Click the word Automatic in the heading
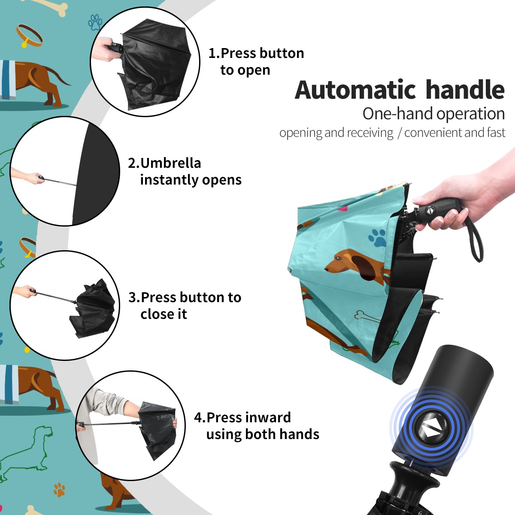coord(355,90)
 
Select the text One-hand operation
coord(433,114)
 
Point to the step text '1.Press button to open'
coord(256,61)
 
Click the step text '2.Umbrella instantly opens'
coord(185,171)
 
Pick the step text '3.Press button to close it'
coord(185,305)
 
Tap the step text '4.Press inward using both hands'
coord(256,425)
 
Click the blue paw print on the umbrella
coord(377,238)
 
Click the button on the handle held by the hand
coord(429,211)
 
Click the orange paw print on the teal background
coord(59,490)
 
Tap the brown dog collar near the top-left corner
coord(30,36)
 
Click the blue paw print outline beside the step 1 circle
coord(95,22)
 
